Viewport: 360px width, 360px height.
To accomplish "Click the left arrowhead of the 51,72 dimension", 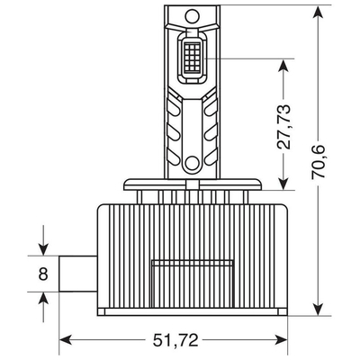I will (x=63, y=340).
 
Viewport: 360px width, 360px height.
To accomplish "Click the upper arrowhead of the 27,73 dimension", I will (x=284, y=63).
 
